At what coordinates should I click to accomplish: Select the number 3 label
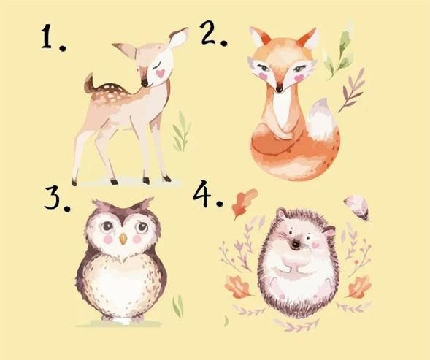(56, 192)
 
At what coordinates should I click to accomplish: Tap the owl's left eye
(104, 226)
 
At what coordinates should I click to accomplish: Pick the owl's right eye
(139, 227)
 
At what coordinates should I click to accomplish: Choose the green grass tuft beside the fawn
(181, 135)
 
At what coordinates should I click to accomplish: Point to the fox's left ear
(258, 37)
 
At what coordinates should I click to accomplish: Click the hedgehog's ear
(328, 231)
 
